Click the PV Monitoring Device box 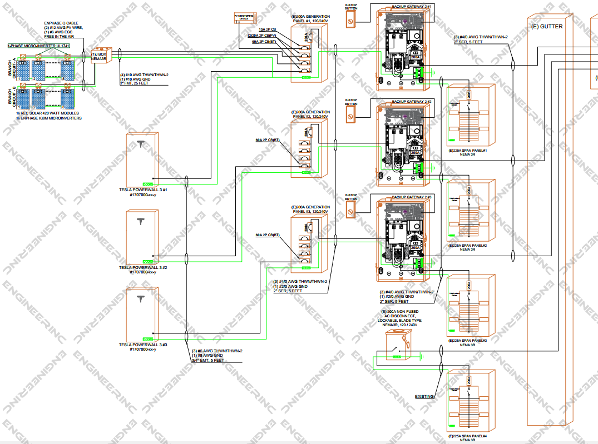click(x=244, y=17)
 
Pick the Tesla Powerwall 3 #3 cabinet click(x=142, y=315)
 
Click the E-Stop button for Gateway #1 click(x=350, y=22)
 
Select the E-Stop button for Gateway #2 click(x=350, y=116)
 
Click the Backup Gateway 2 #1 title click(x=412, y=6)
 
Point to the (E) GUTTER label click(x=547, y=26)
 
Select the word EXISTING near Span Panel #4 click(x=424, y=396)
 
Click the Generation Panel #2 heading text click(x=310, y=115)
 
